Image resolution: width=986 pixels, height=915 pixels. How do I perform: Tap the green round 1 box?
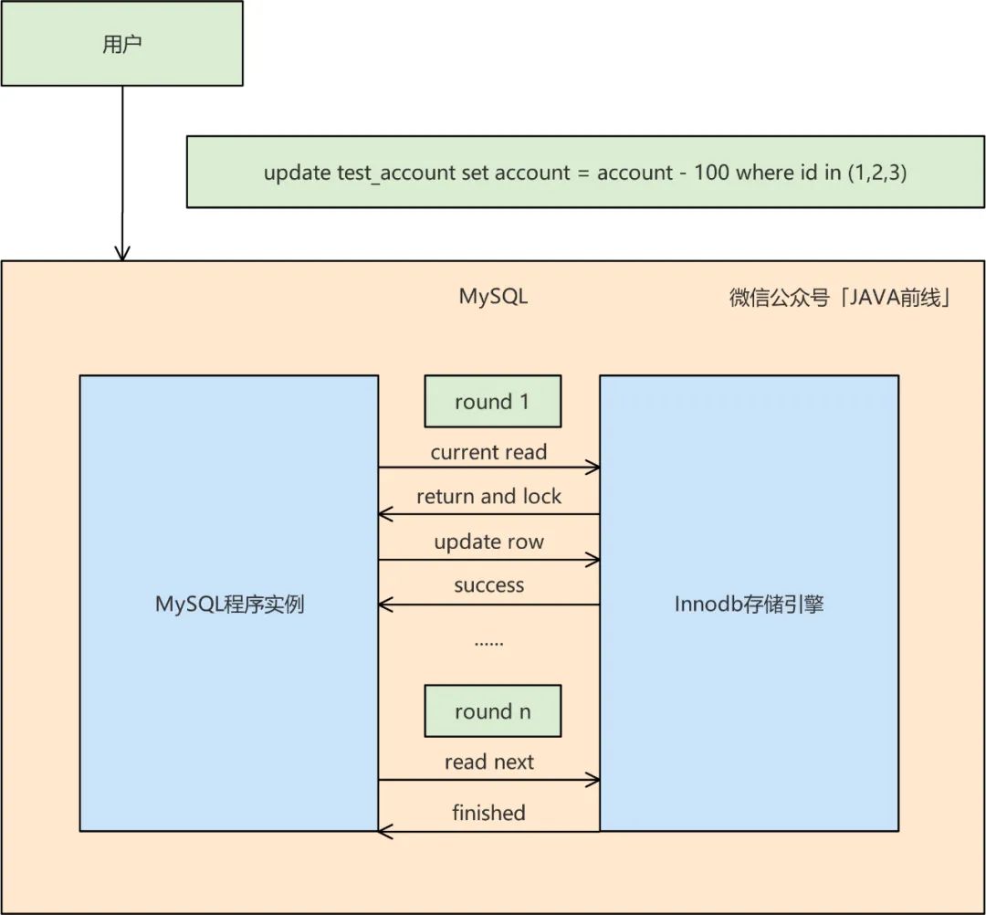coord(492,403)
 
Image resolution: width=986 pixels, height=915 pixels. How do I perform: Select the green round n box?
coord(492,712)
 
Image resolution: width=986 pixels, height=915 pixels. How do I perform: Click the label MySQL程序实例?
coord(229,605)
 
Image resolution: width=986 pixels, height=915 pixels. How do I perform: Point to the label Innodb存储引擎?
coord(749,605)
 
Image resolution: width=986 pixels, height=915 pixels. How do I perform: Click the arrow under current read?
coord(488,468)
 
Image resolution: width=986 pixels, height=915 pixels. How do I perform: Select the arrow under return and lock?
coord(488,514)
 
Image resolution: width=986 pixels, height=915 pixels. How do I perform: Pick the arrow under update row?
coord(488,559)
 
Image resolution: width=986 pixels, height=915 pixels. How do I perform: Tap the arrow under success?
coord(488,604)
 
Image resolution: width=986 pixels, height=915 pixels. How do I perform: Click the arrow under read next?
coord(488,780)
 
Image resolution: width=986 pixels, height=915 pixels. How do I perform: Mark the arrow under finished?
coord(488,830)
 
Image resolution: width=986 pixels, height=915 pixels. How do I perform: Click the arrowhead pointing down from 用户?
coord(122,253)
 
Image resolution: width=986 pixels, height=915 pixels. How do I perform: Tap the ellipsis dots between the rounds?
coord(488,643)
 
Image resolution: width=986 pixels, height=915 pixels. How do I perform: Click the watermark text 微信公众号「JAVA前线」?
coord(841,298)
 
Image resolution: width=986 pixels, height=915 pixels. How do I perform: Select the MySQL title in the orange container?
coord(493,297)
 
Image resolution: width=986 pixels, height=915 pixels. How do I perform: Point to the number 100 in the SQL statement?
coord(712,173)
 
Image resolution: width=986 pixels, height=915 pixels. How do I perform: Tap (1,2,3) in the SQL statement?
coord(876,173)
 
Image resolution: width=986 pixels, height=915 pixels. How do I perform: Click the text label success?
coord(488,585)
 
